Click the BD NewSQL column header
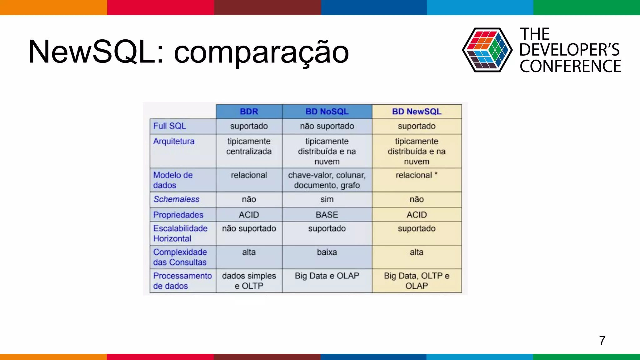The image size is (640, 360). click(417, 112)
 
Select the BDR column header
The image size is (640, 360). click(249, 112)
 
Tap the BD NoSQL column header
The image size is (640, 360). click(327, 112)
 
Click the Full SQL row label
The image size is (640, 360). click(169, 126)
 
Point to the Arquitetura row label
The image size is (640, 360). click(174, 141)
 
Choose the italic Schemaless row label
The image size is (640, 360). click(176, 199)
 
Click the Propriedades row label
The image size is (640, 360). click(178, 215)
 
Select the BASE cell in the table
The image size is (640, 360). click(327, 215)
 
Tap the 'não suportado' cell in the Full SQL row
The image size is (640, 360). click(327, 126)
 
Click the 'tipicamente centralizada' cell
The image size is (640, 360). click(249, 147)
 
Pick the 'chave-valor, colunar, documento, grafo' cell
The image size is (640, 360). click(327, 180)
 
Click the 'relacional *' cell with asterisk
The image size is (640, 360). click(417, 175)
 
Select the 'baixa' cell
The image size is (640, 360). click(327, 252)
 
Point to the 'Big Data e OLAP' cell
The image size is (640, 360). click(327, 276)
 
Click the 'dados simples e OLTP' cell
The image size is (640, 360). click(249, 281)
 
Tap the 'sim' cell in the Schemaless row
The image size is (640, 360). click(327, 199)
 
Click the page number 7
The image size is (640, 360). click(602, 340)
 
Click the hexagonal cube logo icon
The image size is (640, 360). click(487, 50)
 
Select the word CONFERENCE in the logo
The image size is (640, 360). click(570, 67)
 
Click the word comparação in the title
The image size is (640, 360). click(261, 52)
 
